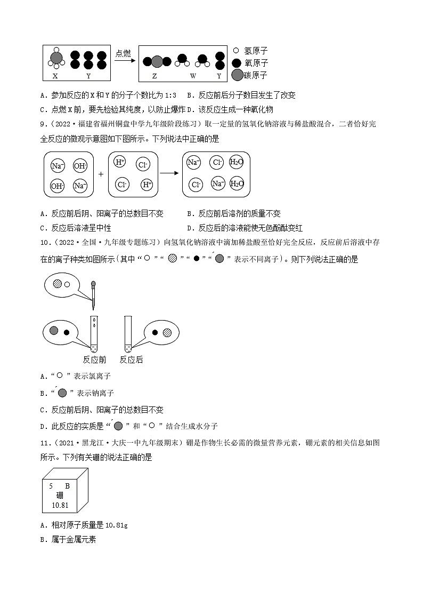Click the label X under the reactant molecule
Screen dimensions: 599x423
(55, 76)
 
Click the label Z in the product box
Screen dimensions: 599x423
(154, 76)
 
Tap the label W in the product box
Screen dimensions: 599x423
(193, 76)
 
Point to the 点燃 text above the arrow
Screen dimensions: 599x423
(123, 53)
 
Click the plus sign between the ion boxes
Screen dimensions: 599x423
(101, 174)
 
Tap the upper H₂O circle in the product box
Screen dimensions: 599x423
(236, 162)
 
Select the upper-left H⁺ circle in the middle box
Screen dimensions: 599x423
(120, 162)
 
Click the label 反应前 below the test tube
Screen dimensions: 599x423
(94, 360)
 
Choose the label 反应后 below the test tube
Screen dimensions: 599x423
(131, 360)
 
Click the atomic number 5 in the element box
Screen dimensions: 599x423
(51, 486)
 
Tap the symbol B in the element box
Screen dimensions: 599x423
(67, 486)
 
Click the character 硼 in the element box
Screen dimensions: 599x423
(59, 495)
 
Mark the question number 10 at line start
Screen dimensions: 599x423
(45, 243)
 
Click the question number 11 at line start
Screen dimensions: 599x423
(45, 444)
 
